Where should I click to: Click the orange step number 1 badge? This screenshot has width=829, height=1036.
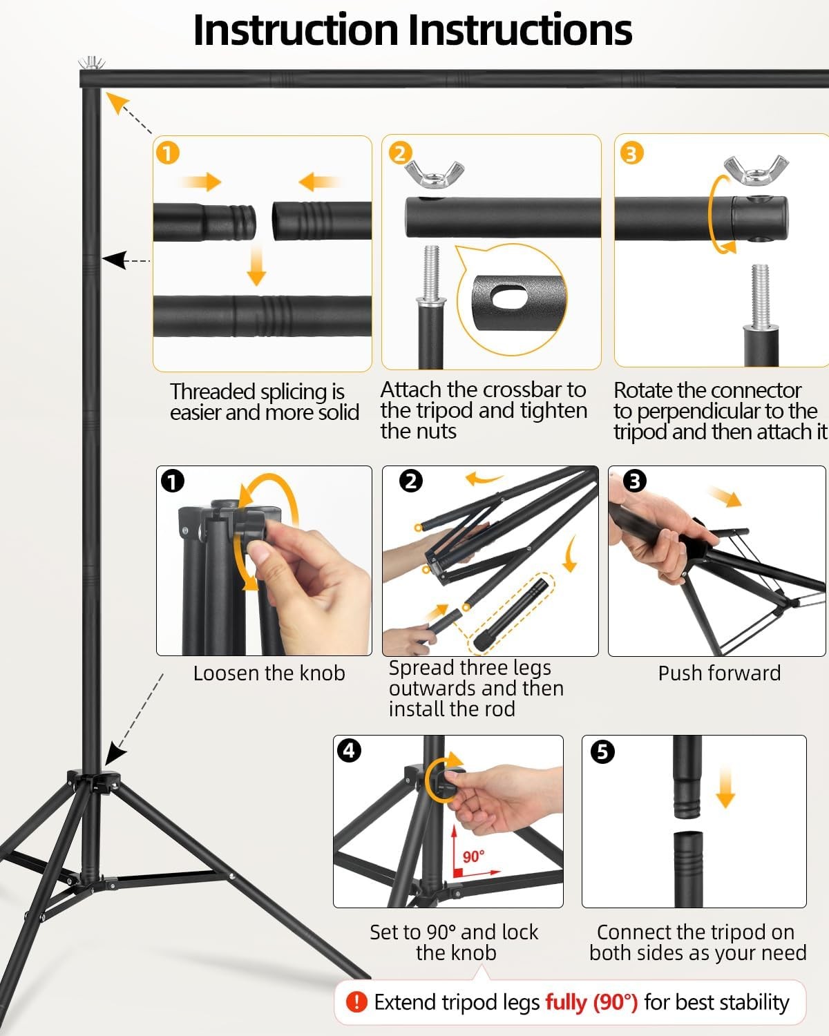point(168,153)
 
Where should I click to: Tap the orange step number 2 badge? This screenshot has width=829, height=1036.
point(400,153)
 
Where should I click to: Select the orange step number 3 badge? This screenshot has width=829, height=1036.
point(631,153)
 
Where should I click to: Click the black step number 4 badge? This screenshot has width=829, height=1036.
point(350,751)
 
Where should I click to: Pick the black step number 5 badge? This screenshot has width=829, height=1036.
point(602,752)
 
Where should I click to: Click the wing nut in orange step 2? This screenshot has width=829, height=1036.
point(434,174)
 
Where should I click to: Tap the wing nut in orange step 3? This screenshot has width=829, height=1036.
point(756,169)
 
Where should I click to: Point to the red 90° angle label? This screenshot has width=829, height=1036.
point(473,856)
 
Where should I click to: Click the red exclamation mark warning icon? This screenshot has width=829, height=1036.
point(356,1002)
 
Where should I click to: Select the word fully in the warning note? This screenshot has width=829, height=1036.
point(566,1003)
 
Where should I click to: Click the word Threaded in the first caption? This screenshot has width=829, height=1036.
point(214,392)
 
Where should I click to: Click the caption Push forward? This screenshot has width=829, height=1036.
point(719,673)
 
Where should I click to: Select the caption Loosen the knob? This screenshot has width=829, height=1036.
point(269,673)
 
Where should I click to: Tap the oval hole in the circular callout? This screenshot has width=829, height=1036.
point(509,297)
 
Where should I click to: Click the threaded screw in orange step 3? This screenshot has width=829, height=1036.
point(760,296)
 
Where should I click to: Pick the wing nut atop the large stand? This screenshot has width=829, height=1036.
point(91,63)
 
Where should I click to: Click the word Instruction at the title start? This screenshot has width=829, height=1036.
point(296,30)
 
